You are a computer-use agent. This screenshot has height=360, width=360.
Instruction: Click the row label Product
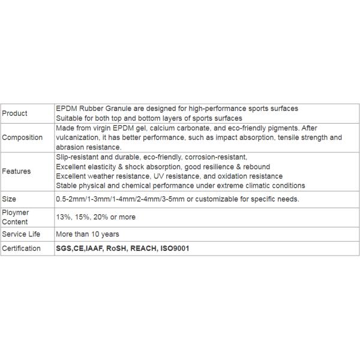coord(15,113)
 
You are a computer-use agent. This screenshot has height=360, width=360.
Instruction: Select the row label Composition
coord(22,137)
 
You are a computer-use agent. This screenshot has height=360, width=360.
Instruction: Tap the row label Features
coord(17,171)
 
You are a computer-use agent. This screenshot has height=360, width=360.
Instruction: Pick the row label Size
coord(9,199)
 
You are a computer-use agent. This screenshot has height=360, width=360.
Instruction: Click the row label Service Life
coord(21,234)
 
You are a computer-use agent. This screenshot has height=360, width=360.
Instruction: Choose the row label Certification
coord(22,248)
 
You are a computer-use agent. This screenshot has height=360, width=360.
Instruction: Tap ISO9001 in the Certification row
coord(174,248)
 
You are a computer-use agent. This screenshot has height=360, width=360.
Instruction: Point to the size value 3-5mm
coord(172,199)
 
